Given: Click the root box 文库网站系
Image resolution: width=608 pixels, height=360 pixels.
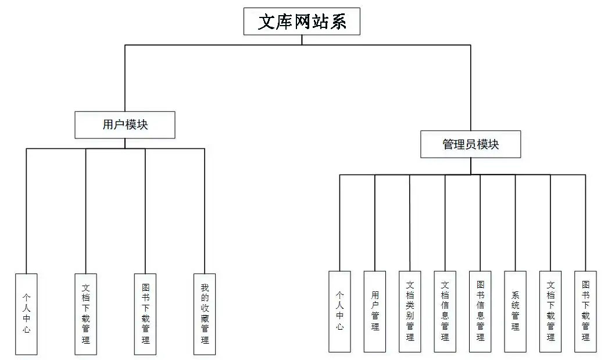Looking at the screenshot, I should coord(302,22).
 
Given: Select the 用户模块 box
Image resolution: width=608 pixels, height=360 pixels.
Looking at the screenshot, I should coord(125,124).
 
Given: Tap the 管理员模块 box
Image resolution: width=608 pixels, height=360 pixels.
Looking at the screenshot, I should coord(470,144).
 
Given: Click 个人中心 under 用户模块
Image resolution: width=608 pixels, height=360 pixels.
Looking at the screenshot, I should coord(26,313).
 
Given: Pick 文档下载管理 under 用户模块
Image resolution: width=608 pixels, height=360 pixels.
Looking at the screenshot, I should coord(86,313).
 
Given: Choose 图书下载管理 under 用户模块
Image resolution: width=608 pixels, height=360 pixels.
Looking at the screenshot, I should coord(145,313).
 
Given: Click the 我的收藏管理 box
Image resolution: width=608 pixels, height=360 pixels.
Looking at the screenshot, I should coord(205,313).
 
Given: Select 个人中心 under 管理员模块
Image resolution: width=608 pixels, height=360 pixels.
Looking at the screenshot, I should coord(339,311).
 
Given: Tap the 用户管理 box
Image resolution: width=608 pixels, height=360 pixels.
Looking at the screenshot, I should coord(375,311).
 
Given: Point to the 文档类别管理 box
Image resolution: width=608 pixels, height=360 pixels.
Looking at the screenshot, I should coord(410,311).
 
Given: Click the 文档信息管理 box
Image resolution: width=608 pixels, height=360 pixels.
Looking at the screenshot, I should coord(445,311).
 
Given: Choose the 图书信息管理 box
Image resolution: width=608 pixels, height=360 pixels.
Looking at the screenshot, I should coord(480,311).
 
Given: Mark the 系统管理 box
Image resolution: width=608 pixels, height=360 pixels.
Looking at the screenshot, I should coord(515,311).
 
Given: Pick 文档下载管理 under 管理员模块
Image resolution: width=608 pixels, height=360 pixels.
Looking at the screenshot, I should coord(550,311).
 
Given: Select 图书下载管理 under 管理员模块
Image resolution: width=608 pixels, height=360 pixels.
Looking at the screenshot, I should coord(585,311).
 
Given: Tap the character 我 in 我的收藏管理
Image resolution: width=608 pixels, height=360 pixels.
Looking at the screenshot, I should coord(205,287).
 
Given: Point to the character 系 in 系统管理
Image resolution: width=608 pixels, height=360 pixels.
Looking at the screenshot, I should coord(516,295).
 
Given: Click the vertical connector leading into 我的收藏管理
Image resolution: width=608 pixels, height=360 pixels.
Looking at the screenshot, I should coord(205,209).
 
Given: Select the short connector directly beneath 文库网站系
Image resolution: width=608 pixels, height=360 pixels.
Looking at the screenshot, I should coord(302,40).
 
